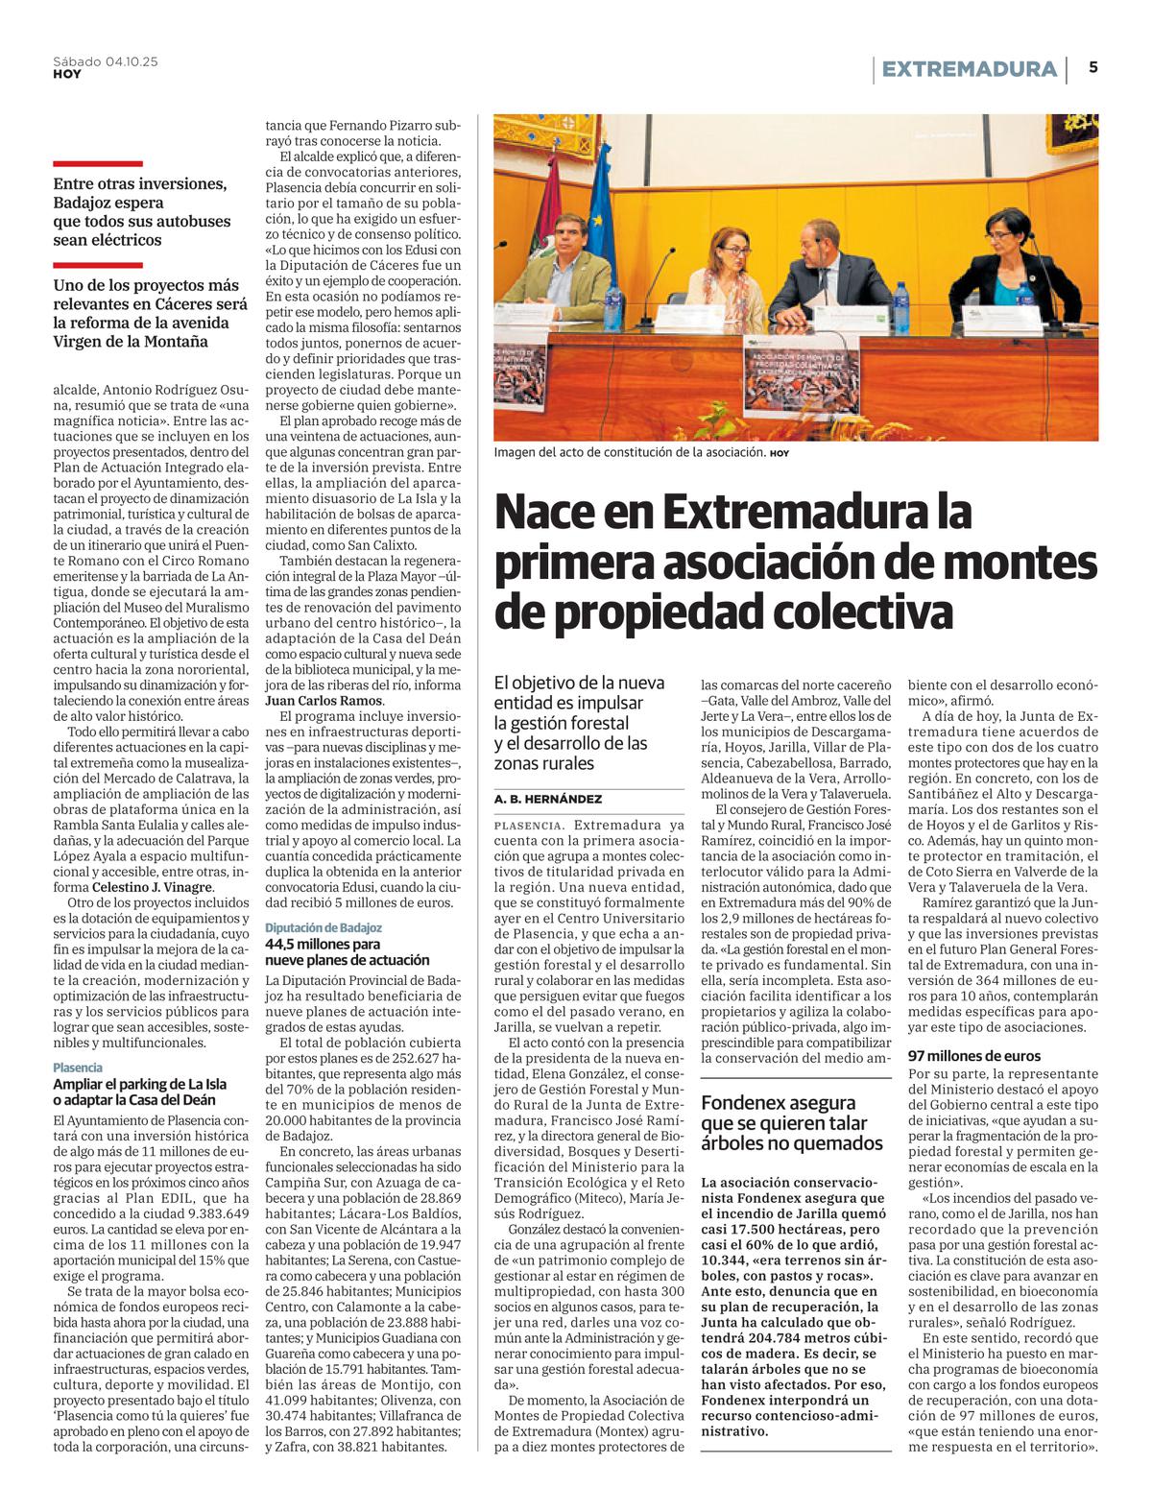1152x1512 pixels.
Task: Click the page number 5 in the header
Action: [x=1093, y=67]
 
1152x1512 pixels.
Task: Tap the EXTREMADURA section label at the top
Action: [x=968, y=69]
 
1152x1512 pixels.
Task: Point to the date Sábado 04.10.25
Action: [x=106, y=61]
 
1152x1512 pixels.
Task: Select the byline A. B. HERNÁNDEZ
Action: [x=548, y=799]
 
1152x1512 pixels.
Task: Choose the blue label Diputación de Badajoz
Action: [x=324, y=927]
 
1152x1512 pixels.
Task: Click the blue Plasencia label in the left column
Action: [x=78, y=1068]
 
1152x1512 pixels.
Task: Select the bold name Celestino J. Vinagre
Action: [x=151, y=887]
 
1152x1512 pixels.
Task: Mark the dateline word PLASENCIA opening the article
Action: [x=528, y=826]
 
